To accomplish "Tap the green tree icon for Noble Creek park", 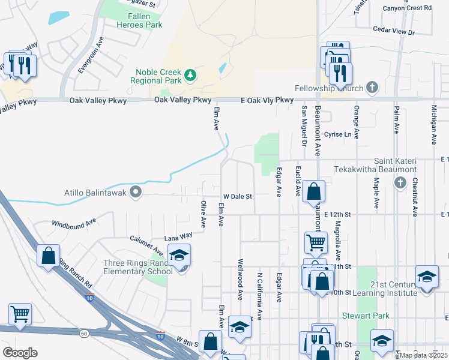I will point(191,75).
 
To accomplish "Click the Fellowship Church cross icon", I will point(372,88).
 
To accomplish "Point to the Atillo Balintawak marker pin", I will point(136,193).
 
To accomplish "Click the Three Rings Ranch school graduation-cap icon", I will point(179,256).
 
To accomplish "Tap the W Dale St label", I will point(238,196).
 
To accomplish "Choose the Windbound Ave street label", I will point(74,222).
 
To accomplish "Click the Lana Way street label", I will point(178,236).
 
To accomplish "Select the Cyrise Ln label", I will point(337,134).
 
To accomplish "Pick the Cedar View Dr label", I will point(394,29).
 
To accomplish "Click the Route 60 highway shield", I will point(84,333).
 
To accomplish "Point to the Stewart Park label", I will point(366,316).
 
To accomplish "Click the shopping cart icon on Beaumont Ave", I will point(316,243).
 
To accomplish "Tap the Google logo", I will point(20,352).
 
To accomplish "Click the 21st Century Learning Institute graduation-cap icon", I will point(427,277).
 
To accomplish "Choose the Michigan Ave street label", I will point(433,125).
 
